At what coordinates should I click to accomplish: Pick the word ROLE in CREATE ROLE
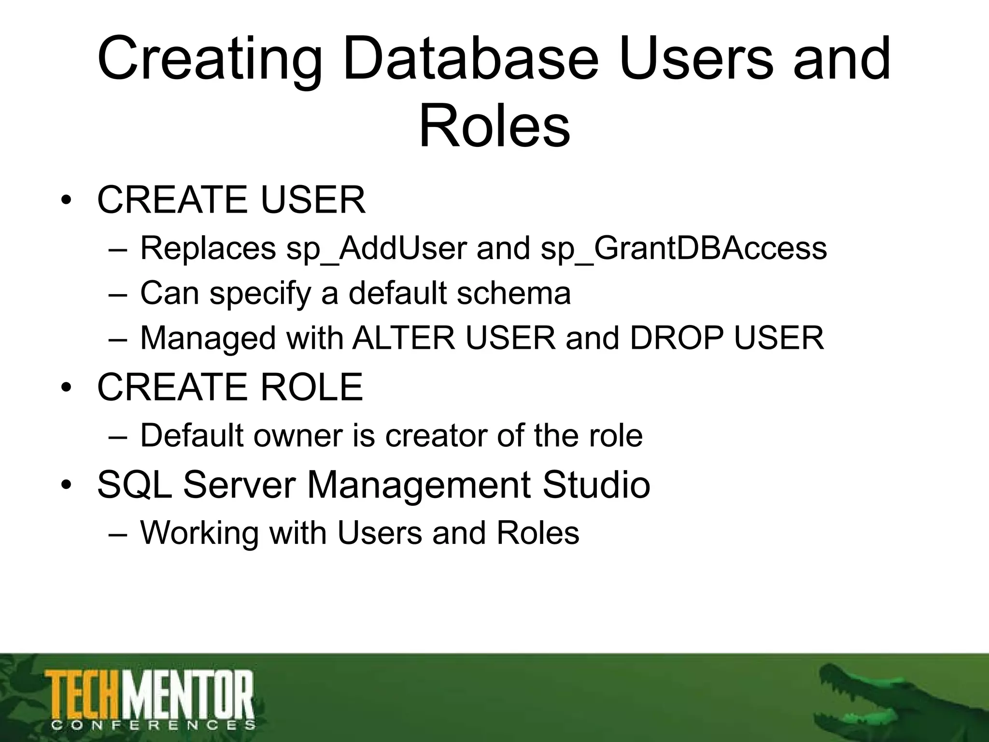(311, 387)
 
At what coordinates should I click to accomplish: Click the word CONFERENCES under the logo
(153, 725)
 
